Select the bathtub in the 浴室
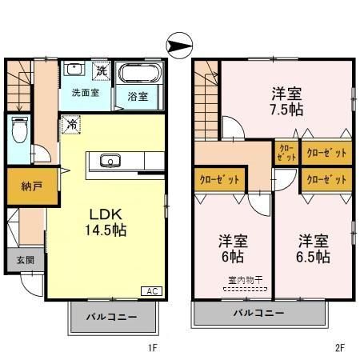[138, 77]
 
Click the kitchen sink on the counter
[109, 162]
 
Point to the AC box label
[150, 291]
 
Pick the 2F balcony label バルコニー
[259, 312]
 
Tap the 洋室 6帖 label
[232, 248]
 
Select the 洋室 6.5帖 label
[314, 248]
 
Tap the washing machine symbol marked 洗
[101, 70]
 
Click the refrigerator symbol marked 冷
[70, 125]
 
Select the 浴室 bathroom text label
[138, 97]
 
